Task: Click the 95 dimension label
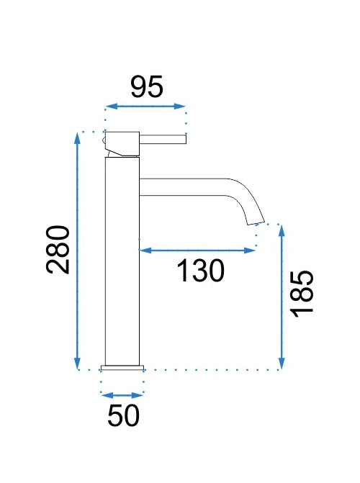tap(147, 87)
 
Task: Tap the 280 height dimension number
tap(58, 250)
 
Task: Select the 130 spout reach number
tap(201, 271)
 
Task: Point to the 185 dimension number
tap(302, 294)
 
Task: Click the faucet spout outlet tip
tap(257, 223)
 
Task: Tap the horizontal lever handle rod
tap(163, 139)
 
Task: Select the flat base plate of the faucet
tap(122, 367)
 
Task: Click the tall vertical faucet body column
tap(122, 261)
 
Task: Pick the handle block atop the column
tap(122, 143)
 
